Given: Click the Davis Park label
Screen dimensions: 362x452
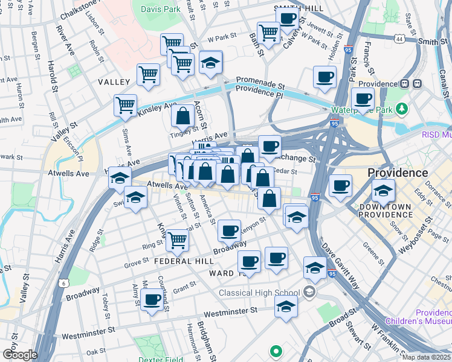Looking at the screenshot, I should coord(161,9).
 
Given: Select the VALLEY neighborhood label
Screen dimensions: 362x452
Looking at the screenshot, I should coord(114,81).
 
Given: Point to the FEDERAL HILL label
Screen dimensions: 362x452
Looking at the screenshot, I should coord(184,261).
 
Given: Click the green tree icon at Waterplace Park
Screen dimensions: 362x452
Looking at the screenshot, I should coord(401,109).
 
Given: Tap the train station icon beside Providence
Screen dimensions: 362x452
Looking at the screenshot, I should coord(416,84).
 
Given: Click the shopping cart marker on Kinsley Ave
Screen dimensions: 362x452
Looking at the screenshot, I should coord(125,105).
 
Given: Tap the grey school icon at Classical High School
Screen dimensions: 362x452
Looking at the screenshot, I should coord(309,293).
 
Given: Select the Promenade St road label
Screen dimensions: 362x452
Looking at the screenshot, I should coord(260,80).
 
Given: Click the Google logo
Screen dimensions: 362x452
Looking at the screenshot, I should coord(19,355).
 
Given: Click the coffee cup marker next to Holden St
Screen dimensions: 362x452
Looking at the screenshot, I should coord(325,77).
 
